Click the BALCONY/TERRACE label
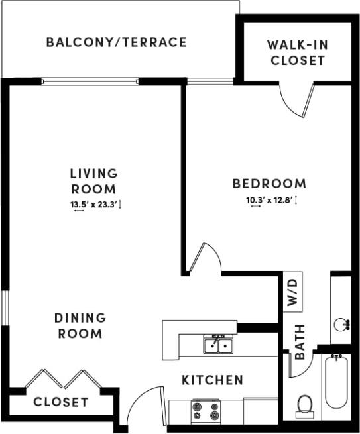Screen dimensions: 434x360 pos(116,42)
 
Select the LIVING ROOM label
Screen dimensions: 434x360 pos(93,181)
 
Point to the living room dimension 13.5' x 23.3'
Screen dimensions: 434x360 pos(93,205)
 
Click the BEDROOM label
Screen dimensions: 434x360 pos(269,184)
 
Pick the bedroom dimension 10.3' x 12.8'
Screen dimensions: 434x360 pos(269,200)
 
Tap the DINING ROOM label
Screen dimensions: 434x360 pos(79,325)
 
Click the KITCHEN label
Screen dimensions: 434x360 pos(212,380)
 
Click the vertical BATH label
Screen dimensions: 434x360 pos(300,341)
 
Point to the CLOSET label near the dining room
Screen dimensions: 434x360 pos(60,402)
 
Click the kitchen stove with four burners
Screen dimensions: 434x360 pos(206,411)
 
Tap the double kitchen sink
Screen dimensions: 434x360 pos(217,345)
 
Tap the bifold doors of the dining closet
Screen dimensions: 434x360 pos(58,380)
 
